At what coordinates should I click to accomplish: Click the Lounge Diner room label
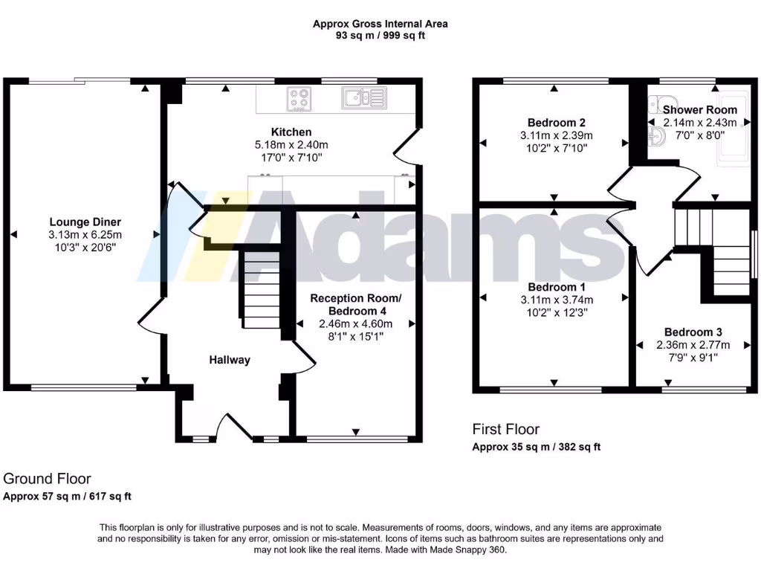pos(85,222)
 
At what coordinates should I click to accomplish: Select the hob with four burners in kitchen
pos(299,99)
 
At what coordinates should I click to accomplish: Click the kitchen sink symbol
pos(363,97)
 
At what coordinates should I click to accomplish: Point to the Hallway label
pos(229,360)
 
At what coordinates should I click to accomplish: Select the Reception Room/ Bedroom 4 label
pos(355,304)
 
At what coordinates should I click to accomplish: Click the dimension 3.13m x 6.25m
pos(85,234)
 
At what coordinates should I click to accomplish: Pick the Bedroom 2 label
pos(552,123)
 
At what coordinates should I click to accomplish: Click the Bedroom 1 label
pos(552,287)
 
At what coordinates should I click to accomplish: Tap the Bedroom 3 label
pos(693,332)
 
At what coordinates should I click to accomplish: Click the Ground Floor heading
pos(47,479)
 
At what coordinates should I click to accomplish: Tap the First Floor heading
pos(506,429)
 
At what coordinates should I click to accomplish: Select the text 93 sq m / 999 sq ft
pos(380,36)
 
